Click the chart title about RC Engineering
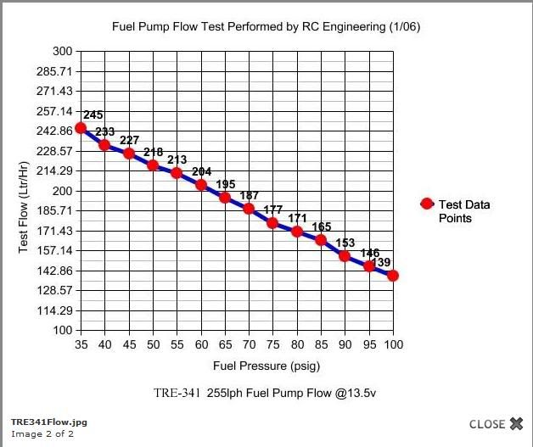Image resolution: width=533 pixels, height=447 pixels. click(x=266, y=27)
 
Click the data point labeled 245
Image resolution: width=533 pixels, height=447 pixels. click(x=81, y=128)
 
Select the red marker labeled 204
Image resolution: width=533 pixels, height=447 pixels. click(x=201, y=184)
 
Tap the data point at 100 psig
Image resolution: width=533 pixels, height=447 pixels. click(x=393, y=276)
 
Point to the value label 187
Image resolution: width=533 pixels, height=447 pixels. click(x=250, y=196)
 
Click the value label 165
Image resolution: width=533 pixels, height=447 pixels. click(x=322, y=226)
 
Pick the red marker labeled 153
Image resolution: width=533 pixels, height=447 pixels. click(x=345, y=255)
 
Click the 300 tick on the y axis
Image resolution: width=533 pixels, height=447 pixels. click(x=62, y=51)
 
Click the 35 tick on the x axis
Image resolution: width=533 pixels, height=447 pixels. click(x=81, y=345)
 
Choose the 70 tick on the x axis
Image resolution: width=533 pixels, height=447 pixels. click(x=249, y=345)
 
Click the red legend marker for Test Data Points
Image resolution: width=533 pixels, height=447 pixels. click(x=427, y=204)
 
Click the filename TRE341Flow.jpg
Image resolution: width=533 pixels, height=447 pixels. click(x=48, y=421)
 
